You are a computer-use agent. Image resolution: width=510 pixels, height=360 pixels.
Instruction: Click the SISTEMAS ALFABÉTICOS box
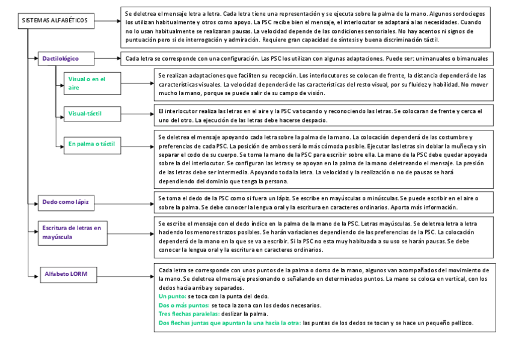[x=55, y=20]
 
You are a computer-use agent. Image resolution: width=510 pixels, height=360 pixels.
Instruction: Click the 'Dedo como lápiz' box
[x=66, y=202]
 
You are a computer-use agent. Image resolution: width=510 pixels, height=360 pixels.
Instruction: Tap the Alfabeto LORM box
[x=67, y=274]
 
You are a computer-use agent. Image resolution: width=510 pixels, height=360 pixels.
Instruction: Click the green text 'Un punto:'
[x=172, y=296]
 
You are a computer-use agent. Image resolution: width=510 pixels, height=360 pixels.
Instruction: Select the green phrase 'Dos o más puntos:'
[x=183, y=305]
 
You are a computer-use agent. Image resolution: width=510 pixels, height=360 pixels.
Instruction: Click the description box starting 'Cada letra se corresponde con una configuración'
[x=306, y=59]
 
